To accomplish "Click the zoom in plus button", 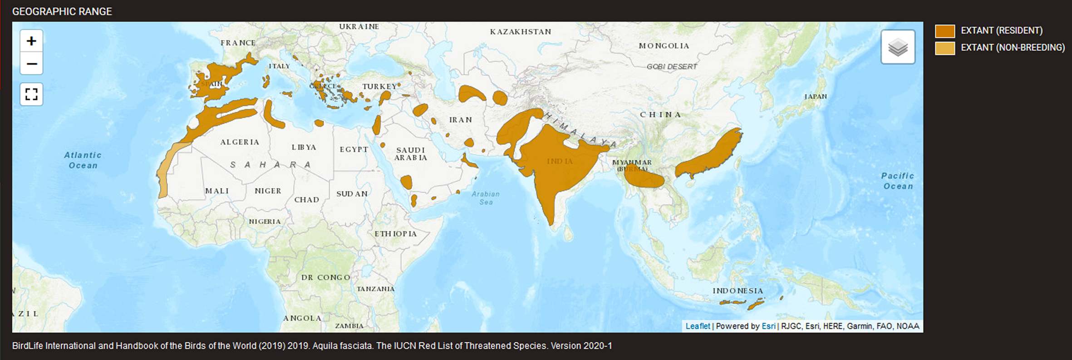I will pos(31,41).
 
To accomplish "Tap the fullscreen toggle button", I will pos(31,94).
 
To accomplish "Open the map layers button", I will pos(898,47).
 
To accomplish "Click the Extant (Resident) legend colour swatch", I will pos(945,31).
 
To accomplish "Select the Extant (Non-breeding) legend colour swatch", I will pos(945,48).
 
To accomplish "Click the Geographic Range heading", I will pos(62,12).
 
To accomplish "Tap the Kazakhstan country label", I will pos(521,32).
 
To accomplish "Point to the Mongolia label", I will pos(664,46).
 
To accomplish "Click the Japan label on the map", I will pos(816,97).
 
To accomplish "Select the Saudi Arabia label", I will pos(411,154).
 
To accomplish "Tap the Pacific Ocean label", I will pos(898,181).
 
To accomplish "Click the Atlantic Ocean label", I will pos(83,160).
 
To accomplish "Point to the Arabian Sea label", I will pos(486,198).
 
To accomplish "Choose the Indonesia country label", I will pos(738,291).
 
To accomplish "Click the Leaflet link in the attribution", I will pos(698,326).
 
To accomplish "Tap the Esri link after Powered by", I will pos(768,326).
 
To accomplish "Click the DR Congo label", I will pos(326,277).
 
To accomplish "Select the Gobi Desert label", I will pos(672,67).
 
